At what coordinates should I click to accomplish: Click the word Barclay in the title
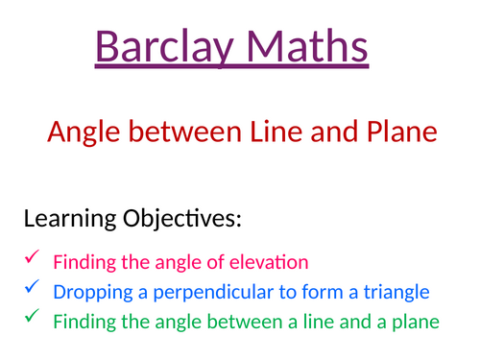[159, 47]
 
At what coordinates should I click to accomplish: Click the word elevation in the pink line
[275, 261]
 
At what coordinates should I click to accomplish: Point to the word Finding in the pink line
[82, 261]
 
